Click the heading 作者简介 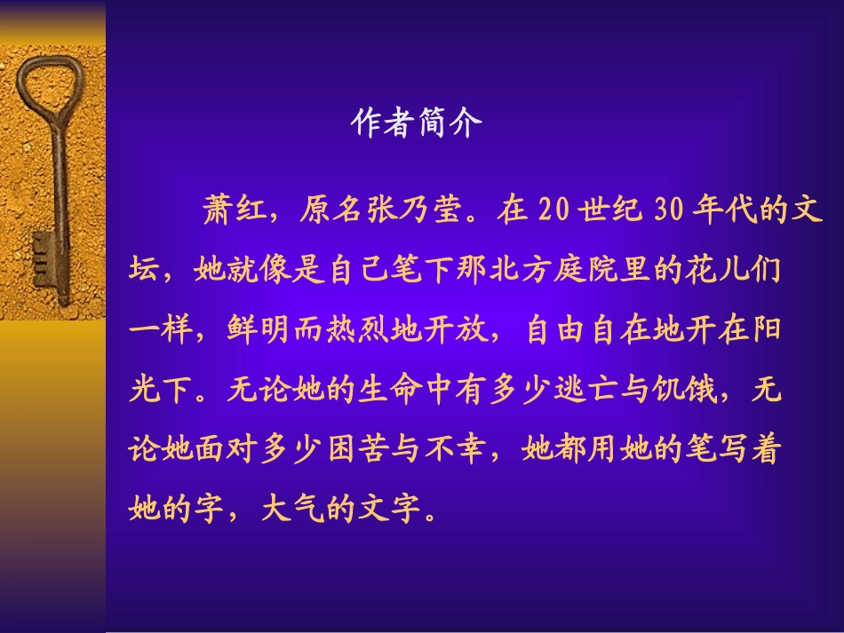(417, 123)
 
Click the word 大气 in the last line (292, 510)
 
